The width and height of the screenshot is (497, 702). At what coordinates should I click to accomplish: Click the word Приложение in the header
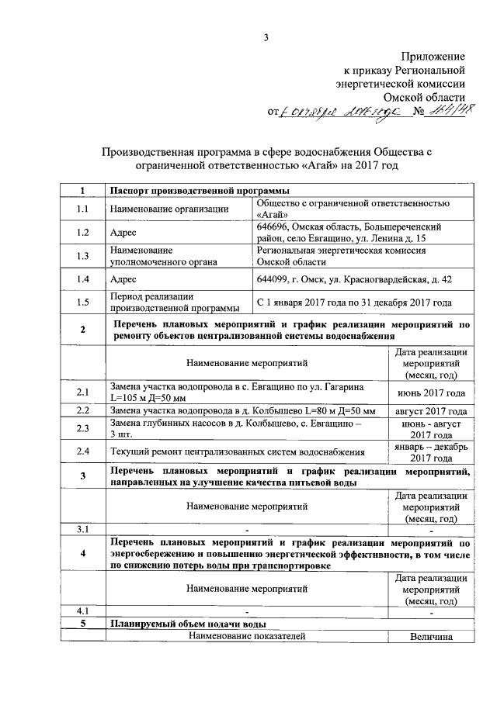[x=433, y=57]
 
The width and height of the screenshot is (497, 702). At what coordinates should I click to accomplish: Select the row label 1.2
[x=82, y=231]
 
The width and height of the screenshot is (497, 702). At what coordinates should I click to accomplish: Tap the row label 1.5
[x=82, y=302]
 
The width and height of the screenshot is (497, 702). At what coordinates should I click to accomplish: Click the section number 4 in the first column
[x=82, y=554]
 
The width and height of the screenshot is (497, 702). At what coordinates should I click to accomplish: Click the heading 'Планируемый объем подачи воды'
[x=189, y=624]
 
